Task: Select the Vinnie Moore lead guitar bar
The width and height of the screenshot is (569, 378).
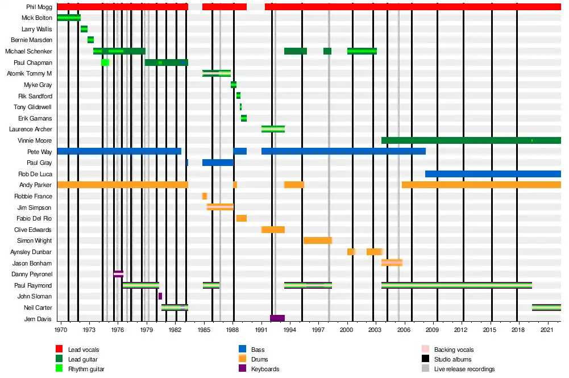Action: point(471,140)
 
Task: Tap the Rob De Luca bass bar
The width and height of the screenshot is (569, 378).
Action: point(493,174)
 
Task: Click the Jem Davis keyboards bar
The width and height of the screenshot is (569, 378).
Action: point(277,318)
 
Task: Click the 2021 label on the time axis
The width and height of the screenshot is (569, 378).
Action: point(547,329)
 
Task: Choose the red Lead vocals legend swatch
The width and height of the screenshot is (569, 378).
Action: point(59,350)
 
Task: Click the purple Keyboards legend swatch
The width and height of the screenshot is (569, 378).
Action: point(242,369)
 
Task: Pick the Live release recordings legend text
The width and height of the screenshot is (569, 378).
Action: point(464,369)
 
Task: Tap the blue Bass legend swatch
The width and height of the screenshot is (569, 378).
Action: point(242,350)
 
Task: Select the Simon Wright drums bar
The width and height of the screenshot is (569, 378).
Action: point(318,240)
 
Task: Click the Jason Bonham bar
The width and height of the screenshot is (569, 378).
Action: point(392,263)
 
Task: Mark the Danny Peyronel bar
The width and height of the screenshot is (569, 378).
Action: point(118,274)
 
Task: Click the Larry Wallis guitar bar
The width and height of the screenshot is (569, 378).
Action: point(84,29)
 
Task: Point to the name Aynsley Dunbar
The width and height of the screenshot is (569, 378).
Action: point(31,252)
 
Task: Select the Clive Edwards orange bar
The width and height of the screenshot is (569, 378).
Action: point(273,230)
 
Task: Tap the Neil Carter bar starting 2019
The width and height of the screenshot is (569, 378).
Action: point(546,308)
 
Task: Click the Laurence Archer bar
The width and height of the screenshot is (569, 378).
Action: point(273,129)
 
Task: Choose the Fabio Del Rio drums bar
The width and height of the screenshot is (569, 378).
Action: point(242,218)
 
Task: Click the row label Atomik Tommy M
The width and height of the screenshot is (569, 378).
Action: point(30,73)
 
